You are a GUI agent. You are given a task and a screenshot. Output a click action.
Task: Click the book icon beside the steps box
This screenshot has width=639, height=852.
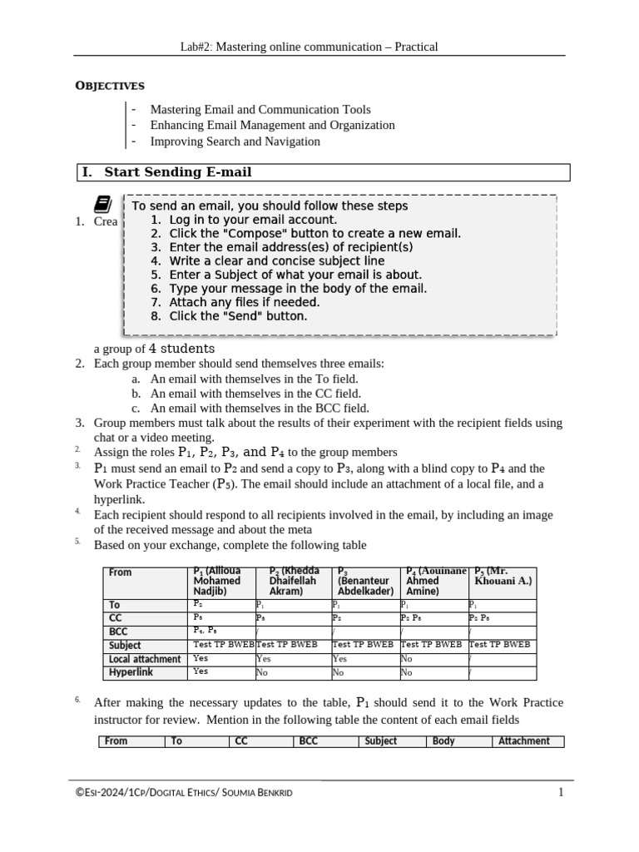click(102, 204)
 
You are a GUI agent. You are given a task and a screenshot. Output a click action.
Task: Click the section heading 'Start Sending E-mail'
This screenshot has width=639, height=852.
click(177, 172)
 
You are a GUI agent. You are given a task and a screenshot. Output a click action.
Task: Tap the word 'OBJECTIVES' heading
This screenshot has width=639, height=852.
click(110, 86)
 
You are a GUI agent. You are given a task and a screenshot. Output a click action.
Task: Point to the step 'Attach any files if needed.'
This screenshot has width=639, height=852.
click(244, 302)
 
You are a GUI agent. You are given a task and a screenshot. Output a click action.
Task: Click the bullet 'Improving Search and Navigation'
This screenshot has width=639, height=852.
click(235, 141)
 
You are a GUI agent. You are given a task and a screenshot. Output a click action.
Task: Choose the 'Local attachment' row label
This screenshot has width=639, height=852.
click(145, 659)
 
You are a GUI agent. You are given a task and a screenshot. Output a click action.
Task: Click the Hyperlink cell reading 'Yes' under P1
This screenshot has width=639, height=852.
click(201, 671)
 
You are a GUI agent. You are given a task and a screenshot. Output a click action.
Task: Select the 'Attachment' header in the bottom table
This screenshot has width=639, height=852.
click(523, 741)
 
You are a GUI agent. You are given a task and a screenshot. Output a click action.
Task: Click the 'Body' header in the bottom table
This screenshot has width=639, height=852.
click(444, 741)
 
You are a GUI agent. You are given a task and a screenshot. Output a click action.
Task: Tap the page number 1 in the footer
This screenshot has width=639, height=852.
click(561, 793)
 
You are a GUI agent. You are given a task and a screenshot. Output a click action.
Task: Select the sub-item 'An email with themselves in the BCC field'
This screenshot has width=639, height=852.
click(259, 408)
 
